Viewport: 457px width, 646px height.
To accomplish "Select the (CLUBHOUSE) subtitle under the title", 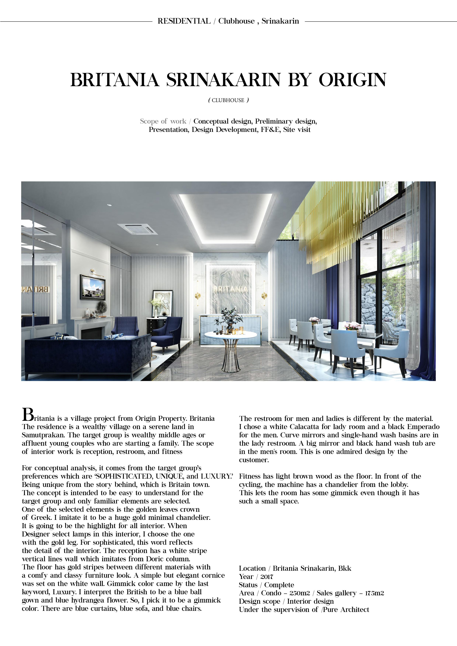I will coord(228,100).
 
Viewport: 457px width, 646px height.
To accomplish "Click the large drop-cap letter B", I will coord(28,415).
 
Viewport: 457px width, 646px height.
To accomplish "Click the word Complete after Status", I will coord(279,585).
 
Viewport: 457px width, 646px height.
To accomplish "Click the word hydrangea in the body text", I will coord(88,600).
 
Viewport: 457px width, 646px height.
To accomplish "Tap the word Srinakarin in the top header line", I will coord(280,21).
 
